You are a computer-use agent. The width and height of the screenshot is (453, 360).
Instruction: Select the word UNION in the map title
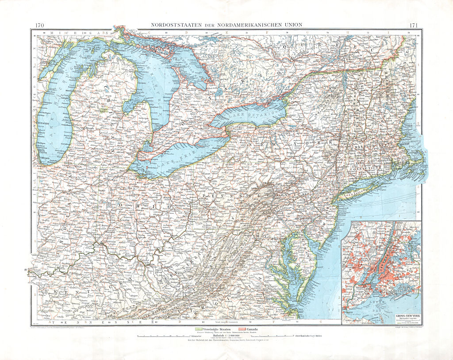pos(292,25)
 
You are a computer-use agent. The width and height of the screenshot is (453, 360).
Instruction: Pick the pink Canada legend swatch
pos(240,329)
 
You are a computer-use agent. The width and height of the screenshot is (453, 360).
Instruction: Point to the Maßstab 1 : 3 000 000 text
pos(226,336)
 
